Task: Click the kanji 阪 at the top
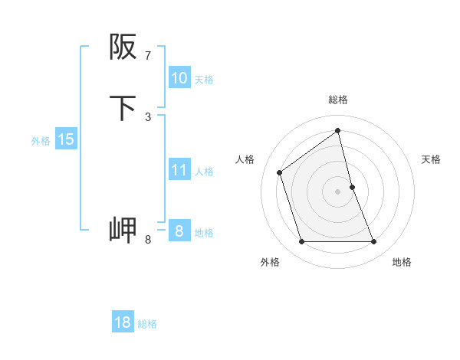[x=123, y=47]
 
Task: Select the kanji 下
[x=123, y=108]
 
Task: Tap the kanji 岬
[x=123, y=230]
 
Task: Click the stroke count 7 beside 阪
[x=148, y=56]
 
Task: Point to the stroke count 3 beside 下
[x=148, y=116]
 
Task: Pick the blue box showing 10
[x=179, y=78]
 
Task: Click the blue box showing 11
[x=179, y=170]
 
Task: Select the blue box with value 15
[x=66, y=139]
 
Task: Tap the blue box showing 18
[x=123, y=322]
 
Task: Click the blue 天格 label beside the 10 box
[x=204, y=79]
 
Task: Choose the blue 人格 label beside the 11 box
[x=205, y=172]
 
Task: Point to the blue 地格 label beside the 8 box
[x=205, y=233]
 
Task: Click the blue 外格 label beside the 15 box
[x=41, y=141]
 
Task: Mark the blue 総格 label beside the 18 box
[x=147, y=324]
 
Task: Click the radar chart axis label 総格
[x=338, y=100]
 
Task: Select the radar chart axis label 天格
[x=432, y=159]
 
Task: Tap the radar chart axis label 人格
[x=245, y=159]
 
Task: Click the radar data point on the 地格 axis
[x=374, y=242]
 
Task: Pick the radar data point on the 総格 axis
[x=338, y=130]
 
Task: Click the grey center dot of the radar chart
[x=338, y=191]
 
